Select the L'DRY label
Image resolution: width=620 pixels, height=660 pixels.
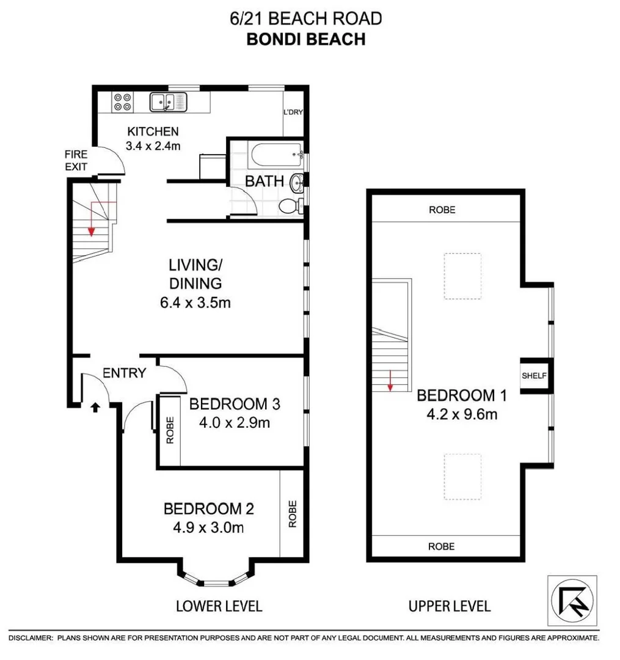tap(293, 112)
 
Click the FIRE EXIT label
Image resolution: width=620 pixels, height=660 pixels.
tap(76, 161)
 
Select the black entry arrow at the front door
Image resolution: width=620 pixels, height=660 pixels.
tap(95, 406)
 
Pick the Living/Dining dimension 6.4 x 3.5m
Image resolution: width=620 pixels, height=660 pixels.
tap(195, 302)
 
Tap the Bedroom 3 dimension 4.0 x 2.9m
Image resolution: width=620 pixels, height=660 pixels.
tap(235, 422)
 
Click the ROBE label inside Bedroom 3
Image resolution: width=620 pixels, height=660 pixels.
tap(170, 431)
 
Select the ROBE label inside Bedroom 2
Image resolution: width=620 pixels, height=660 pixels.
tap(292, 514)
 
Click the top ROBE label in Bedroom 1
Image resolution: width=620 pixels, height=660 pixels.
tap(442, 210)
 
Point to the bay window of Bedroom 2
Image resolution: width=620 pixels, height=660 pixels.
tap(214, 579)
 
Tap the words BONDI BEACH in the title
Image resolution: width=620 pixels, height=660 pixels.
tap(305, 39)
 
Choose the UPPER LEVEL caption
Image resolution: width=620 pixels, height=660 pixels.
tap(449, 606)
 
